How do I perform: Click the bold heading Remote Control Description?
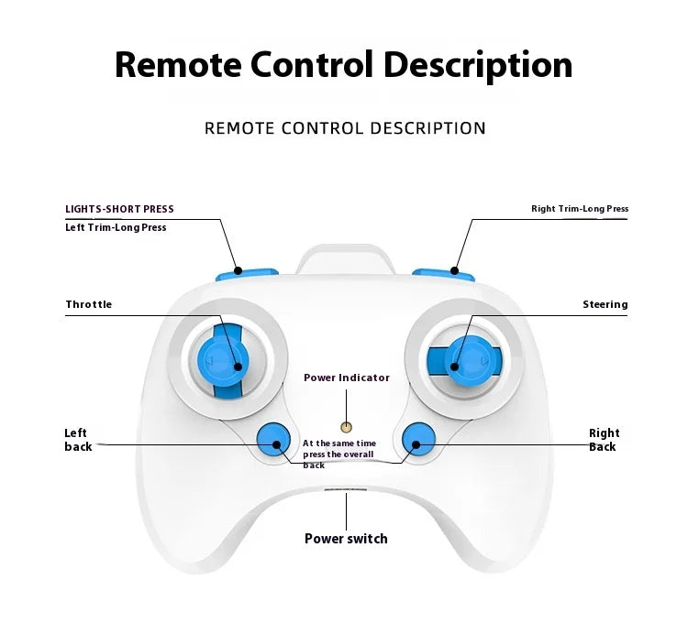pos(344,65)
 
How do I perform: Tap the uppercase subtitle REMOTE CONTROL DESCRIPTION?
pos(345,128)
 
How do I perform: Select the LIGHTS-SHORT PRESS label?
pos(119,209)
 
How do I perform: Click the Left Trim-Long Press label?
pos(116,227)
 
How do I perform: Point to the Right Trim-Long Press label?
pos(580,209)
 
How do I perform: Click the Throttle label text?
pos(88,304)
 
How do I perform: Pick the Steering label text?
pos(605,304)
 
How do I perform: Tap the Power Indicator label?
pos(347,378)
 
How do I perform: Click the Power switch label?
pos(346,539)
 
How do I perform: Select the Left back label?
pos(78,440)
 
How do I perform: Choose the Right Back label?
pos(604,440)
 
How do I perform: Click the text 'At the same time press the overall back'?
pos(339,454)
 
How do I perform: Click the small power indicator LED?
pos(347,427)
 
